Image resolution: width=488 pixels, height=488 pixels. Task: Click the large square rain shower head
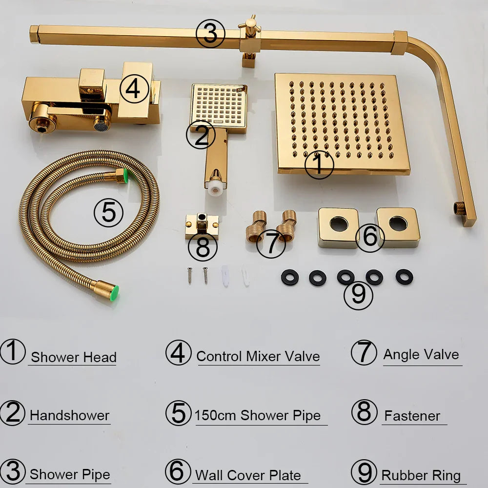(342, 122)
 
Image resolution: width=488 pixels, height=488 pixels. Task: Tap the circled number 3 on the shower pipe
(210, 34)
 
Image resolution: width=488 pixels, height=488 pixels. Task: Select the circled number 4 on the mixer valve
(134, 89)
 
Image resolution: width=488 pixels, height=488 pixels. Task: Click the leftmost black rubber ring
(289, 277)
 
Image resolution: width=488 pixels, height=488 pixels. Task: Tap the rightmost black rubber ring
(404, 277)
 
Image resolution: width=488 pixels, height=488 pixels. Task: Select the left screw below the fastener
(189, 276)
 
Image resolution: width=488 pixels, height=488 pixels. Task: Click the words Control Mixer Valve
(258, 356)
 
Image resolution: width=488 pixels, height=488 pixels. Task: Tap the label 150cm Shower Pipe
(258, 416)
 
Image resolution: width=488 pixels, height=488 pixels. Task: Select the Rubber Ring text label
(421, 475)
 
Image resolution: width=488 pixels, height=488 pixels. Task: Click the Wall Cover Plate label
(248, 475)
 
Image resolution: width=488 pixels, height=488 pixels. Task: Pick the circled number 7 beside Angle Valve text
(364, 353)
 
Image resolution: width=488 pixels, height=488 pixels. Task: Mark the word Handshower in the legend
(69, 416)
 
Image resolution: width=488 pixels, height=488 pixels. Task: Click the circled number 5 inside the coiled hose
(108, 213)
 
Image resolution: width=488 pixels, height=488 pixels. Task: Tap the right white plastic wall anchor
(245, 276)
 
